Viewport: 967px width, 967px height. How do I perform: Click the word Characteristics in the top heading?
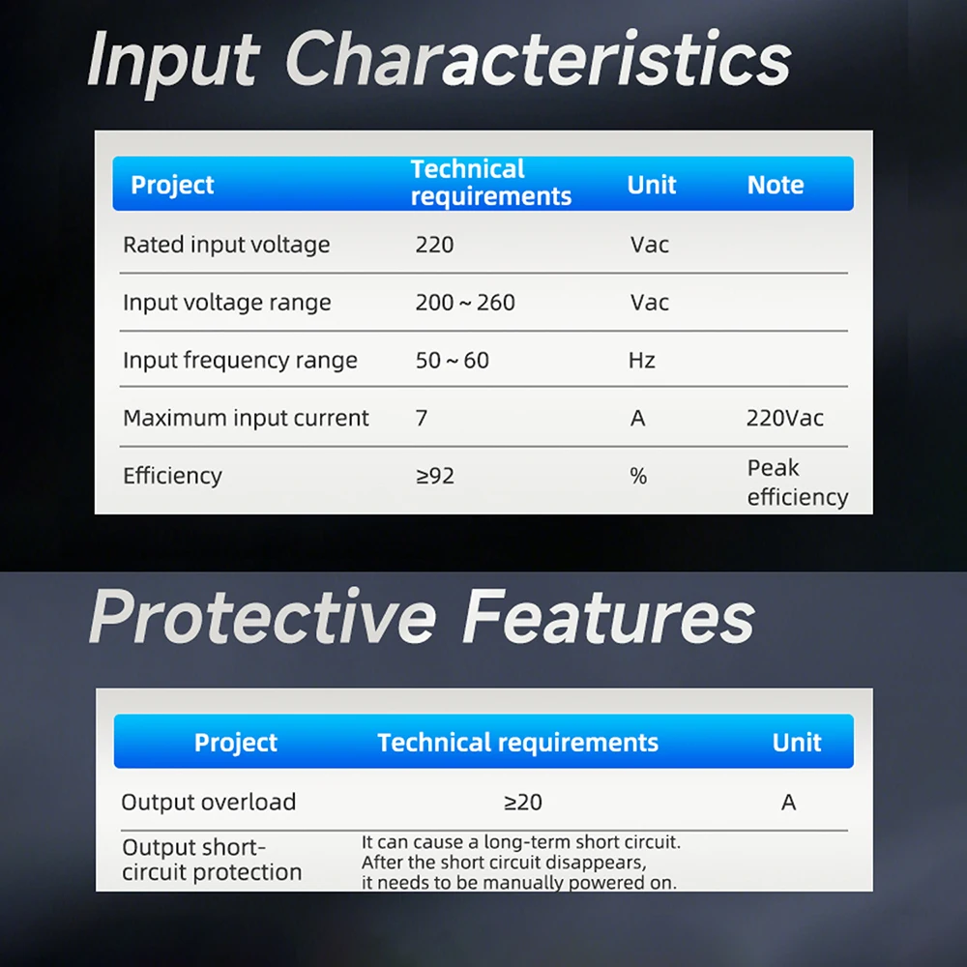click(x=538, y=59)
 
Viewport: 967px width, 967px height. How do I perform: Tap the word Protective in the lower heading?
click(x=263, y=617)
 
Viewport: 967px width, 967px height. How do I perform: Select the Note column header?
click(x=776, y=185)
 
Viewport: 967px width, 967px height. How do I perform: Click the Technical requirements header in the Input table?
click(x=491, y=183)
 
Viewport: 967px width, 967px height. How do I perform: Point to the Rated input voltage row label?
click(x=226, y=245)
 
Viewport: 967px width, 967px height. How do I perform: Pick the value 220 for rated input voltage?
click(x=434, y=245)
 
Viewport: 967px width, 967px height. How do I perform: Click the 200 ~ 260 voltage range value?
click(x=465, y=303)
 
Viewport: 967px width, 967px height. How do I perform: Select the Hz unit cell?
click(x=641, y=360)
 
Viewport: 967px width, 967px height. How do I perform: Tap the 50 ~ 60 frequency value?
click(x=452, y=360)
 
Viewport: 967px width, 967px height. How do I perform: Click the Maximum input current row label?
click(x=246, y=418)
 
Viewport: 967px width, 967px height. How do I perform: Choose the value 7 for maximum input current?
click(x=422, y=418)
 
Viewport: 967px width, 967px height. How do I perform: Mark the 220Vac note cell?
click(x=784, y=418)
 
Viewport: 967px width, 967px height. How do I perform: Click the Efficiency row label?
click(x=172, y=476)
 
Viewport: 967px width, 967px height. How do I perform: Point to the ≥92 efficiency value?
click(x=435, y=476)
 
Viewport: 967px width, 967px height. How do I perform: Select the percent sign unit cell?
click(x=638, y=476)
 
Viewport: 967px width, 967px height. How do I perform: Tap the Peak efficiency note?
click(x=798, y=483)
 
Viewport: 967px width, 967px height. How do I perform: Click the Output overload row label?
click(x=209, y=803)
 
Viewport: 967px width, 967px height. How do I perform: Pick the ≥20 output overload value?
click(x=523, y=803)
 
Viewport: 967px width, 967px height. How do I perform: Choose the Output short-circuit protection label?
click(x=212, y=860)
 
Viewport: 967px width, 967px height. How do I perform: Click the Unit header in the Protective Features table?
click(x=796, y=743)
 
